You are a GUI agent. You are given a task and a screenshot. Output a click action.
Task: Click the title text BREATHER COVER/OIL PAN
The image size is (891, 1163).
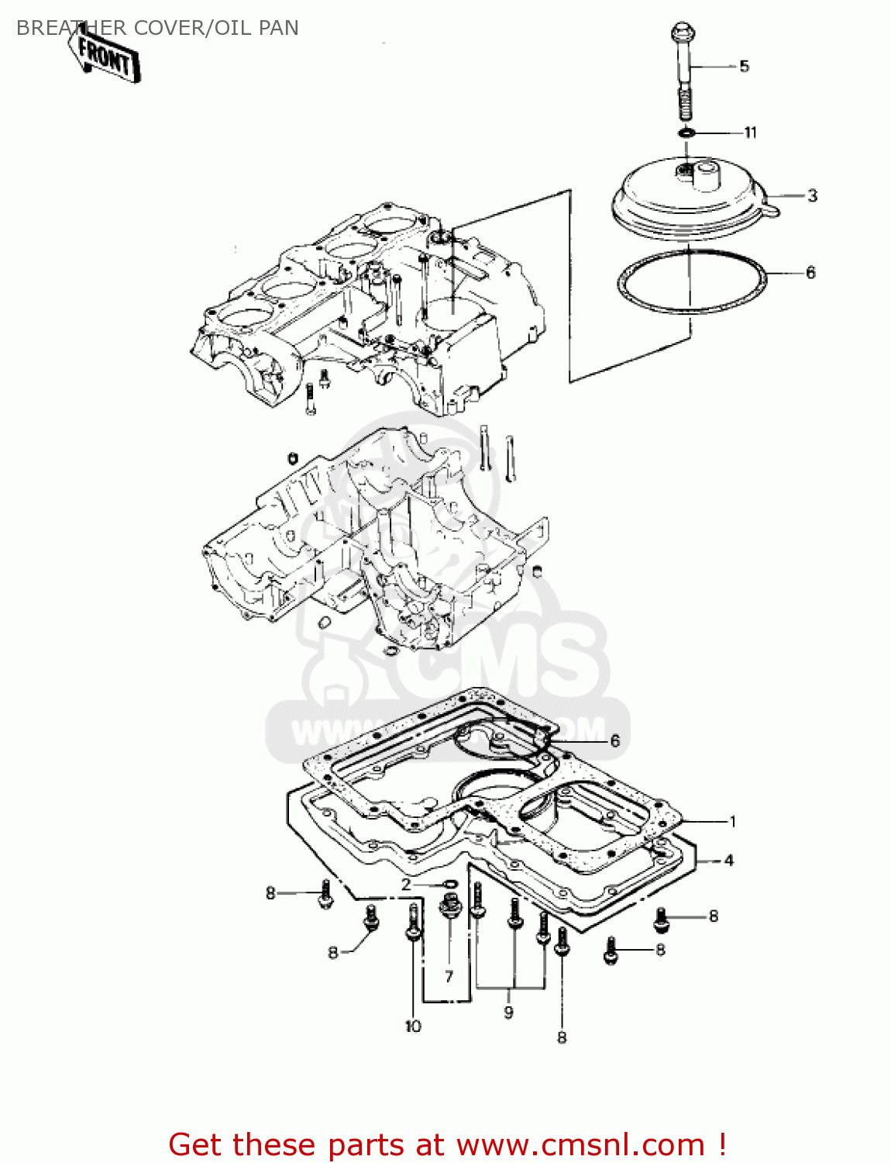pyautogui.click(x=157, y=28)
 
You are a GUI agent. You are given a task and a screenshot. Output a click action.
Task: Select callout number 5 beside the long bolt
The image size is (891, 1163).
pyautogui.click(x=744, y=66)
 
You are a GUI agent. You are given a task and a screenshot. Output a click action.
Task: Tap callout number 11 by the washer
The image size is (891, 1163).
pyautogui.click(x=750, y=133)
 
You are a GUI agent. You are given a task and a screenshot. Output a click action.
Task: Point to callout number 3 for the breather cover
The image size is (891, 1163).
pyautogui.click(x=812, y=195)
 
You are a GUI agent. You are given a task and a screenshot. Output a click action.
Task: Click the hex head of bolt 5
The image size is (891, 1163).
pyautogui.click(x=681, y=33)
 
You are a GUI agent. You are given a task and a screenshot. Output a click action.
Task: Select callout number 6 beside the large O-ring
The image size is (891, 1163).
pyautogui.click(x=810, y=272)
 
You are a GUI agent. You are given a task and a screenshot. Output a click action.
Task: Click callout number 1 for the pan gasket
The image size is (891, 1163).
pyautogui.click(x=732, y=821)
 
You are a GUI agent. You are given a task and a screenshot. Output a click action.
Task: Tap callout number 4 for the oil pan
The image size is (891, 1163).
pyautogui.click(x=728, y=860)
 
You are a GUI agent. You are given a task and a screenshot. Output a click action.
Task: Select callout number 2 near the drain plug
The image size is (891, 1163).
pyautogui.click(x=406, y=885)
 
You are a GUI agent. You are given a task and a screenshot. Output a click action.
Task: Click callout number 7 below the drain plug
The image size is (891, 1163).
pyautogui.click(x=449, y=976)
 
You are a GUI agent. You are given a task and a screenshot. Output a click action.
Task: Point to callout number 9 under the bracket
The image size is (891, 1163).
pyautogui.click(x=508, y=1012)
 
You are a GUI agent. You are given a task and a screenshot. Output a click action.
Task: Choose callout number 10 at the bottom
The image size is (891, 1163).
pyautogui.click(x=413, y=1026)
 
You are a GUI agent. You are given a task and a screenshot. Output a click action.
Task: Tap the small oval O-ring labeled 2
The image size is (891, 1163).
pyautogui.click(x=448, y=884)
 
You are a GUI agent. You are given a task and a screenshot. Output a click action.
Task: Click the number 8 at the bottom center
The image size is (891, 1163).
pyautogui.click(x=562, y=1037)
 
